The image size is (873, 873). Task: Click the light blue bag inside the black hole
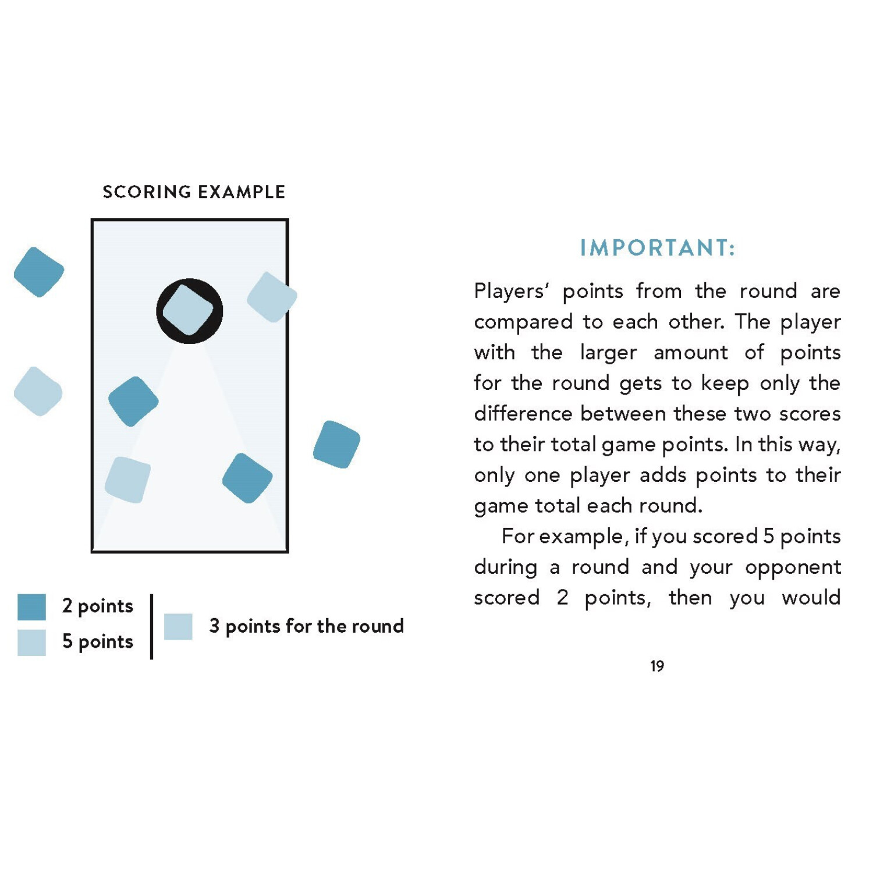point(188,310)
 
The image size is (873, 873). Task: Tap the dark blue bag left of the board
point(39,272)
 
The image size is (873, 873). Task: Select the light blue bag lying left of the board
point(38,391)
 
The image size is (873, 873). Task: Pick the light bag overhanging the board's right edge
point(272,297)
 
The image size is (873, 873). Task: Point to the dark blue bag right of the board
point(336,444)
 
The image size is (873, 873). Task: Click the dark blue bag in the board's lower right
point(247,478)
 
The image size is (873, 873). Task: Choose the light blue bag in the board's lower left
point(127,480)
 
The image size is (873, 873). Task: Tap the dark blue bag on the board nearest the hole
point(133,401)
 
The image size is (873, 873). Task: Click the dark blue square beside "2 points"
point(31,607)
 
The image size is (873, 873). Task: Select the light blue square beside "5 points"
point(31,643)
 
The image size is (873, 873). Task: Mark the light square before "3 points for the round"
point(178,627)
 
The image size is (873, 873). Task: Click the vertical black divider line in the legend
point(151,626)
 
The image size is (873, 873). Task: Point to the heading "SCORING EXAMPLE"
point(194,192)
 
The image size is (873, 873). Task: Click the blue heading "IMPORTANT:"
point(657,248)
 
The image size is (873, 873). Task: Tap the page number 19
point(657,666)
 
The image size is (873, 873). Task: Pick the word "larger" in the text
point(608,353)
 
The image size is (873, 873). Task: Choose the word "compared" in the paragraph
point(522,322)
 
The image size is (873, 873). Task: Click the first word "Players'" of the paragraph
point(511,291)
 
